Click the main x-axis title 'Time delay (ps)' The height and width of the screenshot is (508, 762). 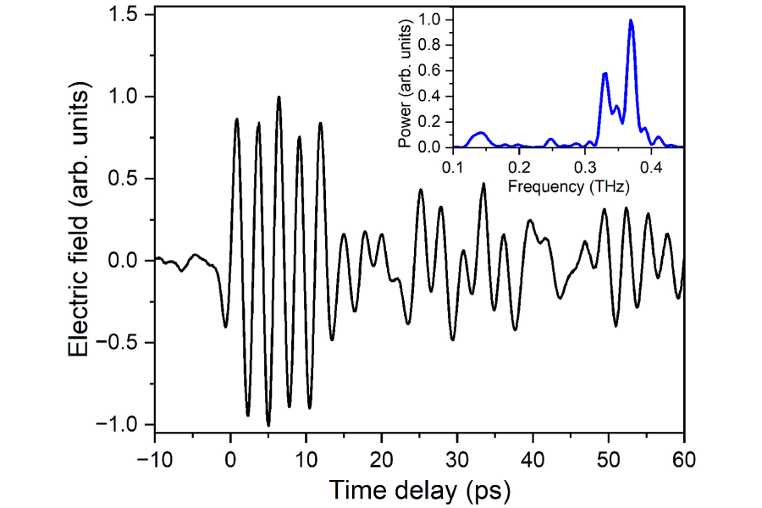coord(419,489)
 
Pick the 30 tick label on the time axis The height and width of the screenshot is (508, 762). coord(456,459)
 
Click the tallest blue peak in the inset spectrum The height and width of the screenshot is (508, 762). coord(631,20)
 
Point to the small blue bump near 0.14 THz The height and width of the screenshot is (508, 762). coord(480,133)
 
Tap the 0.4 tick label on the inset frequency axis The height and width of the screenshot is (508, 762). coord(651,166)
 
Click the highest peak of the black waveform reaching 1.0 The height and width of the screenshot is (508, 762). coord(279,97)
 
